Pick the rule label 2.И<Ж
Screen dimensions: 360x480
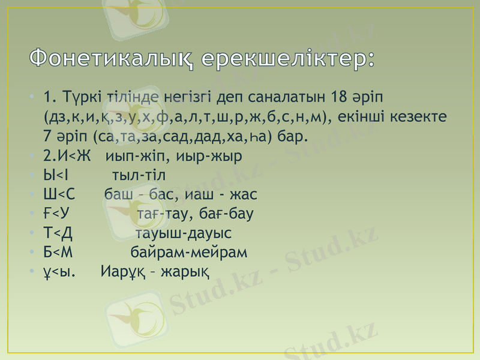click(67, 157)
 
